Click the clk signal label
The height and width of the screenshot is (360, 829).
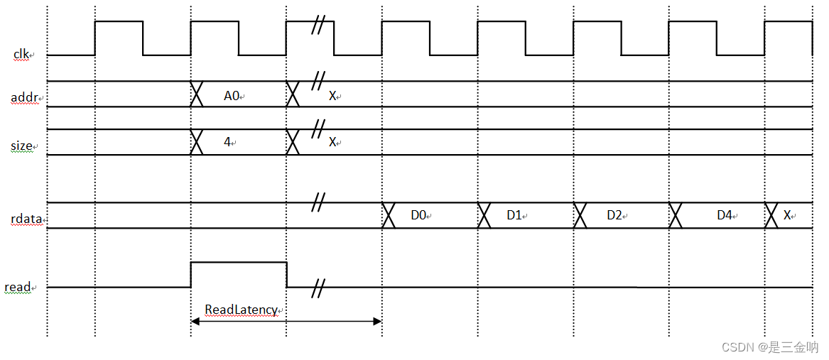point(21,54)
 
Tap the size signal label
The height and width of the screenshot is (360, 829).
point(22,146)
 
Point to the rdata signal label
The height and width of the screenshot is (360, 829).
point(26,219)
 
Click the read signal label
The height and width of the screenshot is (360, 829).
point(18,288)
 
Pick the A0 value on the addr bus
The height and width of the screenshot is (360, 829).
point(232,96)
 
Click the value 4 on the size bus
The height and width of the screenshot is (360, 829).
point(227,142)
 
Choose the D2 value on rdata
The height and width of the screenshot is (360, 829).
point(614,214)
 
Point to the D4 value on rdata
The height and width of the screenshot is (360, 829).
point(724,214)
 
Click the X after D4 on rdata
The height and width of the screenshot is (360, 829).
point(787,214)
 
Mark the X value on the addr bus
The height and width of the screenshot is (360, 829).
point(332,96)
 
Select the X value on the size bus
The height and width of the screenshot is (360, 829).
point(332,142)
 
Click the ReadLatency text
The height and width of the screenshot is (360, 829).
point(240,310)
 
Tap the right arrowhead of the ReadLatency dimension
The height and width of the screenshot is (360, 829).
point(378,322)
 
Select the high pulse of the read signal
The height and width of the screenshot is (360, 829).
point(239,263)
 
